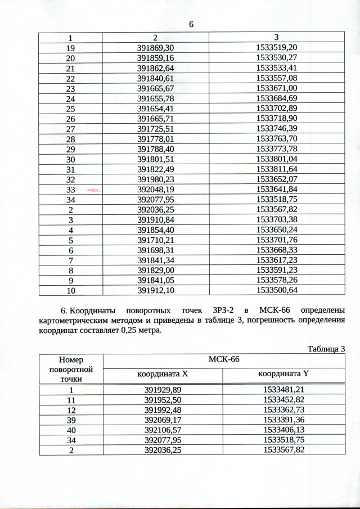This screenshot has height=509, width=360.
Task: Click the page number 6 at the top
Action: click(191, 25)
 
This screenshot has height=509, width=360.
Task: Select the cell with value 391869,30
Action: click(155, 48)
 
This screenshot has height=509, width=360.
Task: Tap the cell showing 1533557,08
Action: click(277, 78)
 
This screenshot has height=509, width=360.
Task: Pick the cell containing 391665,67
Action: click(155, 88)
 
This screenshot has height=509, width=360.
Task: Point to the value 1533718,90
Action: click(277, 119)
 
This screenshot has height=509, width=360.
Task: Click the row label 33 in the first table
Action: click(70, 190)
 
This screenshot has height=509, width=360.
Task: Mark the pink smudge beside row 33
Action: click(93, 191)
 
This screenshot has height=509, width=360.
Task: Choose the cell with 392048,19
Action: click(155, 190)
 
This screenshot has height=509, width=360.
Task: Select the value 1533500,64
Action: click(277, 290)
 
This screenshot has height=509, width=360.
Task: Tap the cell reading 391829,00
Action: click(155, 269)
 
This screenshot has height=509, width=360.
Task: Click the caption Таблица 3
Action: click(326, 349)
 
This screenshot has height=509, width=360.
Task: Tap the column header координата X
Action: click(163, 374)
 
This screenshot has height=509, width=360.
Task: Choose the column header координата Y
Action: click(283, 374)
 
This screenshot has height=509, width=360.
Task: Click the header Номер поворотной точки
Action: click(71, 369)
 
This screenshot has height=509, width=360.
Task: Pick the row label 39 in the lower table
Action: click(71, 419)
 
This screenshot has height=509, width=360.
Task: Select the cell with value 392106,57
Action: click(163, 429)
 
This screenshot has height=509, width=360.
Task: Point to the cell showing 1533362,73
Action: click(283, 409)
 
